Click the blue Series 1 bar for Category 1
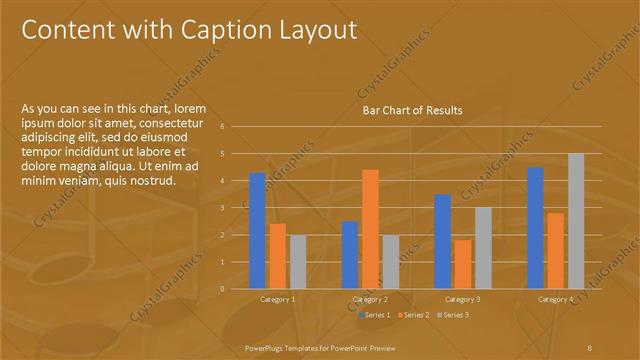[x=257, y=230]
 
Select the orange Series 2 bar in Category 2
[x=370, y=228]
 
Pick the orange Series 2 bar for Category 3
[x=462, y=264]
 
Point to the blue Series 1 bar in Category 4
[x=535, y=227]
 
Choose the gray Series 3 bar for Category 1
[x=298, y=261]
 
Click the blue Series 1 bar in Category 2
[x=350, y=254]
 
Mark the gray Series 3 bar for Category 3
[x=482, y=247]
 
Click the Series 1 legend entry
[x=374, y=315]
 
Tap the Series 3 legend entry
[x=454, y=315]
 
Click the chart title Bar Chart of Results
[x=412, y=110]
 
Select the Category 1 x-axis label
[x=278, y=299]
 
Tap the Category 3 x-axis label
[x=463, y=299]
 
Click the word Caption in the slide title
[x=224, y=31]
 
